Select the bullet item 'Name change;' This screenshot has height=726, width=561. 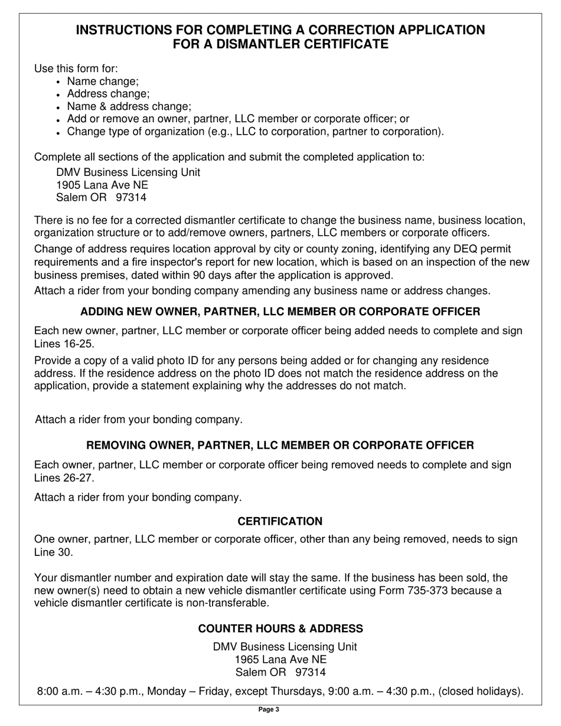pyautogui.click(x=103, y=81)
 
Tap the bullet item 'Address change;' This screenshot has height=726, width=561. pyautogui.click(x=108, y=94)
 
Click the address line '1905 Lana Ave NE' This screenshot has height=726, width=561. pyautogui.click(x=102, y=185)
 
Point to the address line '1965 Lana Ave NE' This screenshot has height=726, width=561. pyautogui.click(x=280, y=659)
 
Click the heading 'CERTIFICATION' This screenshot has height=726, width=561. pyautogui.click(x=280, y=521)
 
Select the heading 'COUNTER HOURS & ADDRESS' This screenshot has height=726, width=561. pyautogui.click(x=280, y=629)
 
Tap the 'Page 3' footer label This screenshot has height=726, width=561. pyautogui.click(x=269, y=709)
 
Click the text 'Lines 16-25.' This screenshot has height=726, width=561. pyautogui.click(x=64, y=344)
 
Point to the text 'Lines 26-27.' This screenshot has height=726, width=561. pyautogui.click(x=64, y=478)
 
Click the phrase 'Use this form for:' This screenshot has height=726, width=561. pyautogui.click(x=76, y=68)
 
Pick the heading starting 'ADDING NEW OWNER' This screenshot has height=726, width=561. pyautogui.click(x=280, y=311)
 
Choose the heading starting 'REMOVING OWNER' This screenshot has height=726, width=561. pyautogui.click(x=280, y=445)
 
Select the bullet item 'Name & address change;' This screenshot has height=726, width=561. pyautogui.click(x=129, y=106)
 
